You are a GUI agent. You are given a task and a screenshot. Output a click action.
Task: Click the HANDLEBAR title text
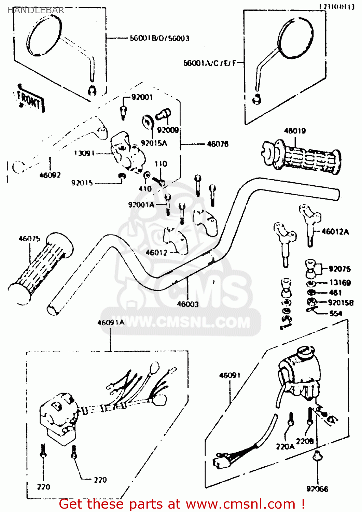click(x=36, y=10)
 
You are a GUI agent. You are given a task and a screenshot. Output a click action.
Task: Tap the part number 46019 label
click(x=295, y=131)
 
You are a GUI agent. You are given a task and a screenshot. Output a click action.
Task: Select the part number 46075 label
click(x=29, y=239)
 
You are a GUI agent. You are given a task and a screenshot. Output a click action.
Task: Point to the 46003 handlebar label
click(x=187, y=304)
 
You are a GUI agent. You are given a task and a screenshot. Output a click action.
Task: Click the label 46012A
click(x=335, y=232)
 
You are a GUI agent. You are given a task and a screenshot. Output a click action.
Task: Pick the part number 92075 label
click(x=339, y=269)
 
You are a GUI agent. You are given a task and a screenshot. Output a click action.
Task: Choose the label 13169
click(x=340, y=283)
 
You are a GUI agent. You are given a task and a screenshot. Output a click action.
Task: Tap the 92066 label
click(x=317, y=489)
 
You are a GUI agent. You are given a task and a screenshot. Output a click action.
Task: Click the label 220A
click(x=285, y=446)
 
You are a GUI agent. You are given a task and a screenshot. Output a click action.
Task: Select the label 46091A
click(x=111, y=323)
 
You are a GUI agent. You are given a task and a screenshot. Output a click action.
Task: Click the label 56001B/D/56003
click(x=159, y=38)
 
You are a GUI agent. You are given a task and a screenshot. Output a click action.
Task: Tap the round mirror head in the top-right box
click(x=296, y=38)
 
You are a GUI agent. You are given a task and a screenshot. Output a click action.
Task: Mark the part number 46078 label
click(x=218, y=144)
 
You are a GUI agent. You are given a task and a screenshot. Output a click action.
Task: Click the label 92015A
click(x=154, y=143)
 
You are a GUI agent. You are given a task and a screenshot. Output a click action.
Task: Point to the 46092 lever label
click(x=50, y=175)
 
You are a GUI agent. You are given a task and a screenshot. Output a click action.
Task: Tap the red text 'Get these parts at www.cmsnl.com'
click(x=182, y=504)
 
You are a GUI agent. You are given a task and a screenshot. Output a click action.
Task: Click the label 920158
click(x=340, y=303)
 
